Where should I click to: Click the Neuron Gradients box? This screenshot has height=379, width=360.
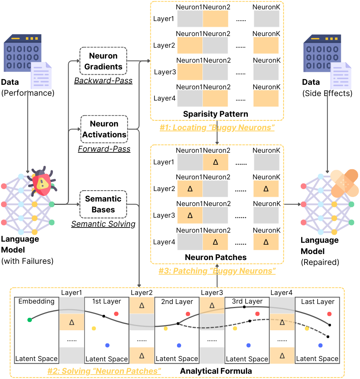point(103,61)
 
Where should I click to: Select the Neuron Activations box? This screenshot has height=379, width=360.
point(104,129)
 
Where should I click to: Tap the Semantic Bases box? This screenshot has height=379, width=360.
point(103,204)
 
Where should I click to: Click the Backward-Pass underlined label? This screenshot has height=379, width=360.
point(103,81)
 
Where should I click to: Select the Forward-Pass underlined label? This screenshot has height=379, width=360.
point(104,149)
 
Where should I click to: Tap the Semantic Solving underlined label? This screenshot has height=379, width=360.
point(103,224)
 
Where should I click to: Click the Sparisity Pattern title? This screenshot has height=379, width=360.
point(216,114)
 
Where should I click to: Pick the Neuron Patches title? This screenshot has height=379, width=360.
point(216,257)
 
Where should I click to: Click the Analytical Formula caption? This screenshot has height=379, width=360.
point(216,371)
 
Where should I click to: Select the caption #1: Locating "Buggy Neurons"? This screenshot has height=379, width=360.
point(217,128)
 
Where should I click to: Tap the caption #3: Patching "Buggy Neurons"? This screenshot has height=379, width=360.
point(217,271)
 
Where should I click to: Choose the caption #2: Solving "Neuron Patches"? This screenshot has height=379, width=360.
point(104,371)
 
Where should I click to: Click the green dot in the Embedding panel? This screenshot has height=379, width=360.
point(30,320)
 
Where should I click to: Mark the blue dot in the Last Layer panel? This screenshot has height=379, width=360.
point(320,345)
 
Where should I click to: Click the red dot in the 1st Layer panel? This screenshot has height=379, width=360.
point(116,314)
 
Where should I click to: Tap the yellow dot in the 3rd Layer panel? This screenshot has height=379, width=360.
point(235,328)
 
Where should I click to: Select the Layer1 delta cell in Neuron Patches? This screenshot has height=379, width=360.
point(215,162)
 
